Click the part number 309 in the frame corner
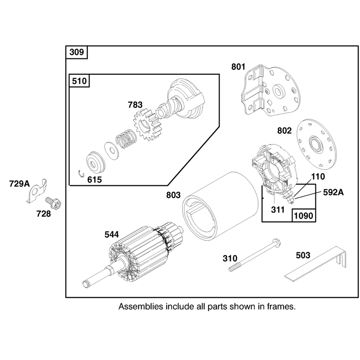[76, 52]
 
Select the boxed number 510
[79, 81]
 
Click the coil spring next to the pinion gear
[126, 139]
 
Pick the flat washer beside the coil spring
[112, 151]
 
